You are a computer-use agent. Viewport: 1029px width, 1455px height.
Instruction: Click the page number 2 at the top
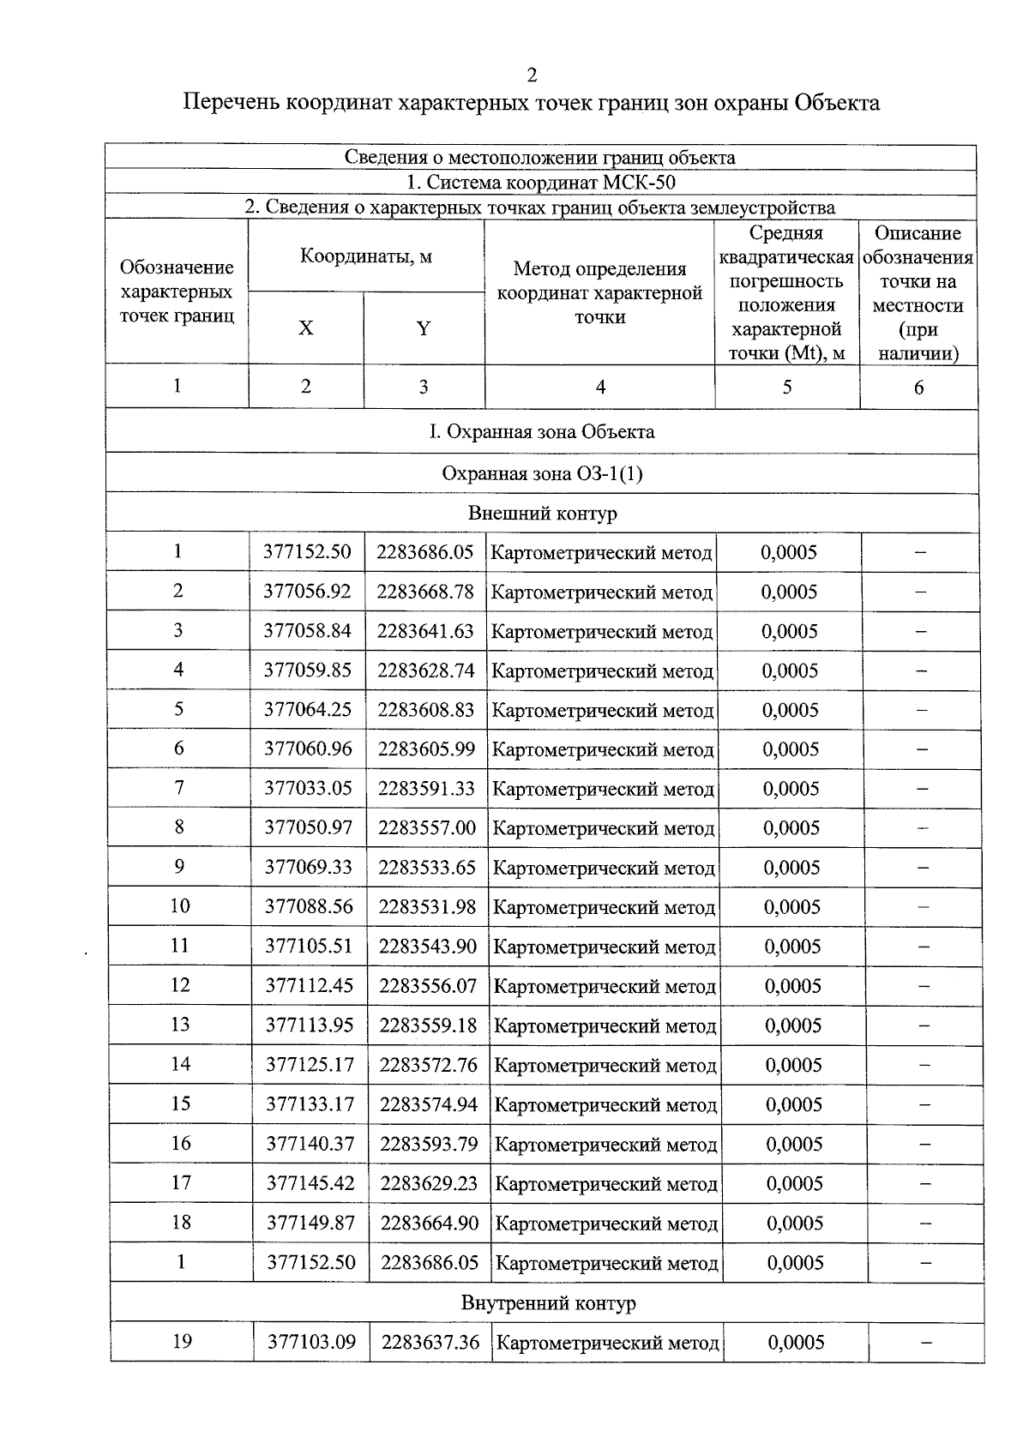[x=532, y=76]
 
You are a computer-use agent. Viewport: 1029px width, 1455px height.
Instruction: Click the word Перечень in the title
[x=232, y=103]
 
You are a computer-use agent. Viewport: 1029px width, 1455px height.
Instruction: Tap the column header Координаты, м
[x=366, y=256]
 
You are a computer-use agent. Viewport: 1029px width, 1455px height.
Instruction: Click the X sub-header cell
[x=305, y=328]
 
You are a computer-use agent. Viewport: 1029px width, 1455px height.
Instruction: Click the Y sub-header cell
[x=423, y=328]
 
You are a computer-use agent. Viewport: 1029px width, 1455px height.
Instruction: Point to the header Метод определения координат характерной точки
[x=599, y=292]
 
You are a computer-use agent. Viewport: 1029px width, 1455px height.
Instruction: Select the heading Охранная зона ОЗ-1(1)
[x=542, y=473]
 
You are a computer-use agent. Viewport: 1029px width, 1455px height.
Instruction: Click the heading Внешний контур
[x=542, y=513]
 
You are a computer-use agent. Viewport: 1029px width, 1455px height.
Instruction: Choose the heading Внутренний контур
[x=549, y=1303]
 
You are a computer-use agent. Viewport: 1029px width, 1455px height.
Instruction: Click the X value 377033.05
[x=308, y=788]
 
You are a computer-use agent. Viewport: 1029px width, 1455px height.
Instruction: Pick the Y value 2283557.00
[x=426, y=827]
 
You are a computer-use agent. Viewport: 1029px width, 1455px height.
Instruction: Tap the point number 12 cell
[x=180, y=985]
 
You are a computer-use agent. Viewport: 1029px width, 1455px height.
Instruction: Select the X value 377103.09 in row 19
[x=311, y=1342]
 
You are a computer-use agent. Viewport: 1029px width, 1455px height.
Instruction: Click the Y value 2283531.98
[x=427, y=906]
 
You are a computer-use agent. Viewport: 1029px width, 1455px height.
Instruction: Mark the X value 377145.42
[x=310, y=1183]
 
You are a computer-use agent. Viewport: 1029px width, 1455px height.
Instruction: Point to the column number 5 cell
[x=786, y=387]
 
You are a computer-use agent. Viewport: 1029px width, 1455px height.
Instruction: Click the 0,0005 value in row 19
[x=796, y=1342]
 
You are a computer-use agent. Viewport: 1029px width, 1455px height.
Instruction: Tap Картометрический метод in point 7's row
[x=603, y=789]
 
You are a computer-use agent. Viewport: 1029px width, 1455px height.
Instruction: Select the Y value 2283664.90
[x=430, y=1223]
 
